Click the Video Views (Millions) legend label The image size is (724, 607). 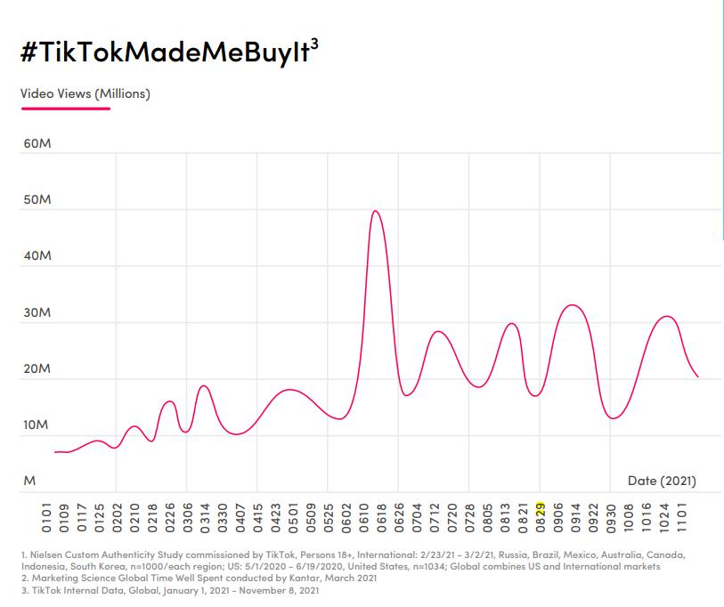[85, 93]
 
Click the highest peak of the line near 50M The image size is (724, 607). [376, 211]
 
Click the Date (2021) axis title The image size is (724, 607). [662, 481]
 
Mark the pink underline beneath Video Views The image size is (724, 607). [66, 109]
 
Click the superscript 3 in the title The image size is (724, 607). [313, 43]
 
